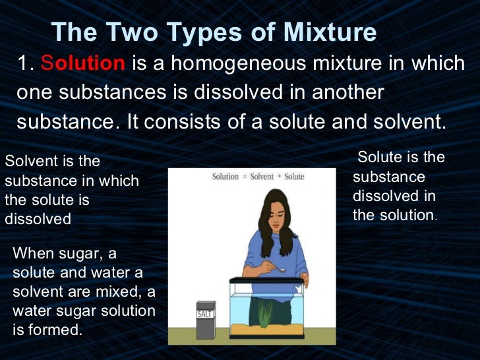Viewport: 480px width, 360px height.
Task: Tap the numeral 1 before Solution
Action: click(x=24, y=64)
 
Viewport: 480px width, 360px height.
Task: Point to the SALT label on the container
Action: click(x=205, y=315)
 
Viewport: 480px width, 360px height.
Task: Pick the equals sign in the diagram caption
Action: click(x=244, y=177)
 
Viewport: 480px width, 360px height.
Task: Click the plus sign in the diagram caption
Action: click(x=278, y=177)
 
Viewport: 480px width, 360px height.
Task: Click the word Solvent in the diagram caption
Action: click(x=261, y=177)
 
